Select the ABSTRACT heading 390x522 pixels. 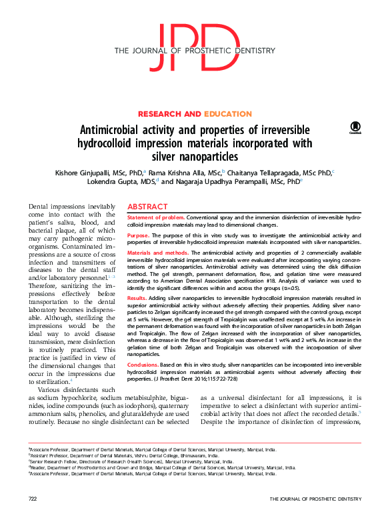[x=147, y=207]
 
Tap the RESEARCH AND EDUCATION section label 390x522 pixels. [x=194, y=114]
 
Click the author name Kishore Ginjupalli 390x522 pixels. [x=85, y=172]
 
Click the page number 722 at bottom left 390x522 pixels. [x=33, y=499]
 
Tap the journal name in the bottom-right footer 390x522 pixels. [x=315, y=499]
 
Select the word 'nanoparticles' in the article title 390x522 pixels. [x=212, y=156]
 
